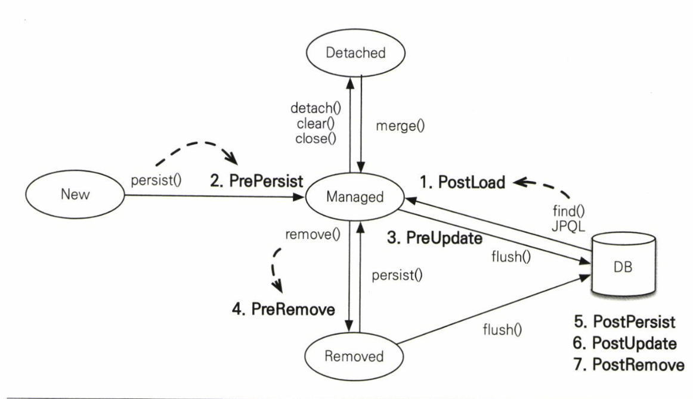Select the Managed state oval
coord(352,197)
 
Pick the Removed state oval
coord(352,356)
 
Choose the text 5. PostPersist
coord(624,322)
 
